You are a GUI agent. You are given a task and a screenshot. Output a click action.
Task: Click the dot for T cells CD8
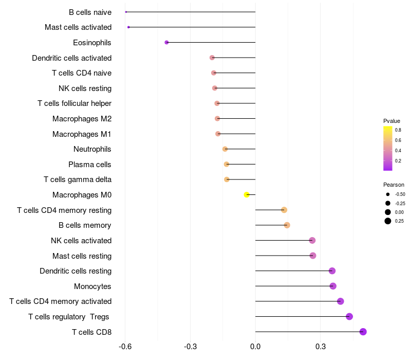(x=363, y=332)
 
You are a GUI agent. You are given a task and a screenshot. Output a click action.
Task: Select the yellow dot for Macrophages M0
(x=247, y=195)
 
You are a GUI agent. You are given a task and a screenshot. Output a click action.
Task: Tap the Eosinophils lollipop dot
(x=166, y=43)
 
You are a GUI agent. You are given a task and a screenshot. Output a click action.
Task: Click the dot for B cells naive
(x=126, y=12)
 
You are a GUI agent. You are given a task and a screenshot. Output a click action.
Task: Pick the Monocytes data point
(x=333, y=286)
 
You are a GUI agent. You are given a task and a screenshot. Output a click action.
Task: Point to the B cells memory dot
(x=287, y=225)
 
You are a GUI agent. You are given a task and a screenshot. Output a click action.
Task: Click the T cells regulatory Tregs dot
(x=349, y=316)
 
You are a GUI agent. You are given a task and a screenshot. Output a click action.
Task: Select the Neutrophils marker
(x=225, y=149)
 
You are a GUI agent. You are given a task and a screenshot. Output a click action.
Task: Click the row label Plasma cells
(x=90, y=165)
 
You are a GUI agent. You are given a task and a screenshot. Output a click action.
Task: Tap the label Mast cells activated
(x=78, y=27)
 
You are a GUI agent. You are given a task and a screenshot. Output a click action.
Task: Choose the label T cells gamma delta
(x=78, y=179)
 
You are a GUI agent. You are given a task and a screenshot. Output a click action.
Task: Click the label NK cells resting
(x=85, y=88)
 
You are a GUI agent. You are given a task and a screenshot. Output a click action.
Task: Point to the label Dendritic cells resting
(x=76, y=271)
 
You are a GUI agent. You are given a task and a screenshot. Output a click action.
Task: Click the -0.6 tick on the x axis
(x=125, y=347)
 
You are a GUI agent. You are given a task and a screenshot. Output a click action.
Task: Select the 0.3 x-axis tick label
(x=321, y=347)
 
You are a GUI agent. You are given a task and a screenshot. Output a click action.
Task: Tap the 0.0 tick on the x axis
(x=255, y=347)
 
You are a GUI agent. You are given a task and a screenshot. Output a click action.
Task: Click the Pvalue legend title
(x=391, y=121)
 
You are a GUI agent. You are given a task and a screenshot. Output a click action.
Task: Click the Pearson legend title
(x=394, y=185)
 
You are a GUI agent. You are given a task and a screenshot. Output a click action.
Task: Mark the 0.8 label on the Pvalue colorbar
(x=398, y=130)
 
